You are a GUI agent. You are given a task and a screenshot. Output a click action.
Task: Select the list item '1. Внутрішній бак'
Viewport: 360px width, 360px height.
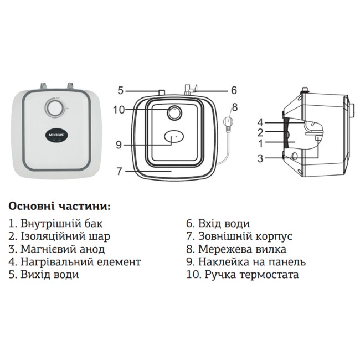pos(56,224)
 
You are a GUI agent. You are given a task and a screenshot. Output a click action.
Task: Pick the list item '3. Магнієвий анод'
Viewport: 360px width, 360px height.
pos(57,249)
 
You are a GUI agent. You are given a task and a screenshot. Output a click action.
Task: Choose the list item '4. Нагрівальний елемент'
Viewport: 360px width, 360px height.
pos(75,262)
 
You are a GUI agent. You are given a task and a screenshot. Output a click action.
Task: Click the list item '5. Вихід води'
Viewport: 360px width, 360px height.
pos(44,275)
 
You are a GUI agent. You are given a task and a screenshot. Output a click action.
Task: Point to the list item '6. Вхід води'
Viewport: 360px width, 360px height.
pos(218,224)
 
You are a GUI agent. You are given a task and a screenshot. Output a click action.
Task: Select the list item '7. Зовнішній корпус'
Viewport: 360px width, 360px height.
pos(239,236)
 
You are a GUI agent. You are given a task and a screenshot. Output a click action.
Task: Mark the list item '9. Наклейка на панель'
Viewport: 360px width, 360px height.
pos(246,262)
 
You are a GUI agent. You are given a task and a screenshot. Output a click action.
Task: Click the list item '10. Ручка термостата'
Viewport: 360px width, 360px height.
pos(243,275)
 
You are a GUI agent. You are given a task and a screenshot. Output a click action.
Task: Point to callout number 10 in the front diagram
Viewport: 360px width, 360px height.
pos(119,110)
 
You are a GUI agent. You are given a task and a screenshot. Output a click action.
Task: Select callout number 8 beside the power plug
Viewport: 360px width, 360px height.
pos(235,107)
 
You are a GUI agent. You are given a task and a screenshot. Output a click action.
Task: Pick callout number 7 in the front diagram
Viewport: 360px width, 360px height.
pos(119,171)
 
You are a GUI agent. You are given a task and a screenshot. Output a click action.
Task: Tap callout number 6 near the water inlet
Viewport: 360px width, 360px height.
pos(234,90)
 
